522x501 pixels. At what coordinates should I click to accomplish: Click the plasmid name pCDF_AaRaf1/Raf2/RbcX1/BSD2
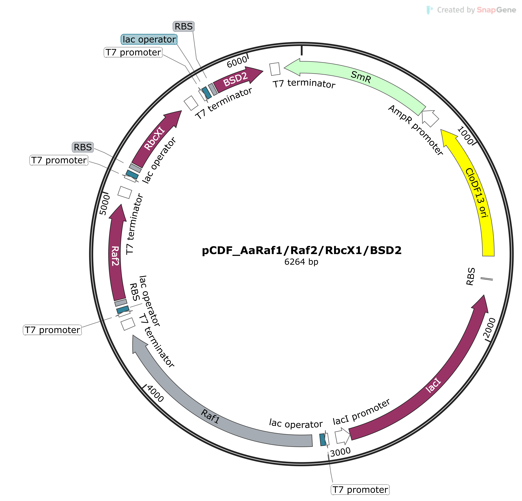(x=301, y=251)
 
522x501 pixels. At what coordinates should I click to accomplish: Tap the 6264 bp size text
(x=301, y=262)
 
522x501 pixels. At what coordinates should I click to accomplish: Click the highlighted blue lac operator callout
(x=149, y=39)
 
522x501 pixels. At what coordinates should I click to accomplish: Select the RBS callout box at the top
(x=184, y=26)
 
